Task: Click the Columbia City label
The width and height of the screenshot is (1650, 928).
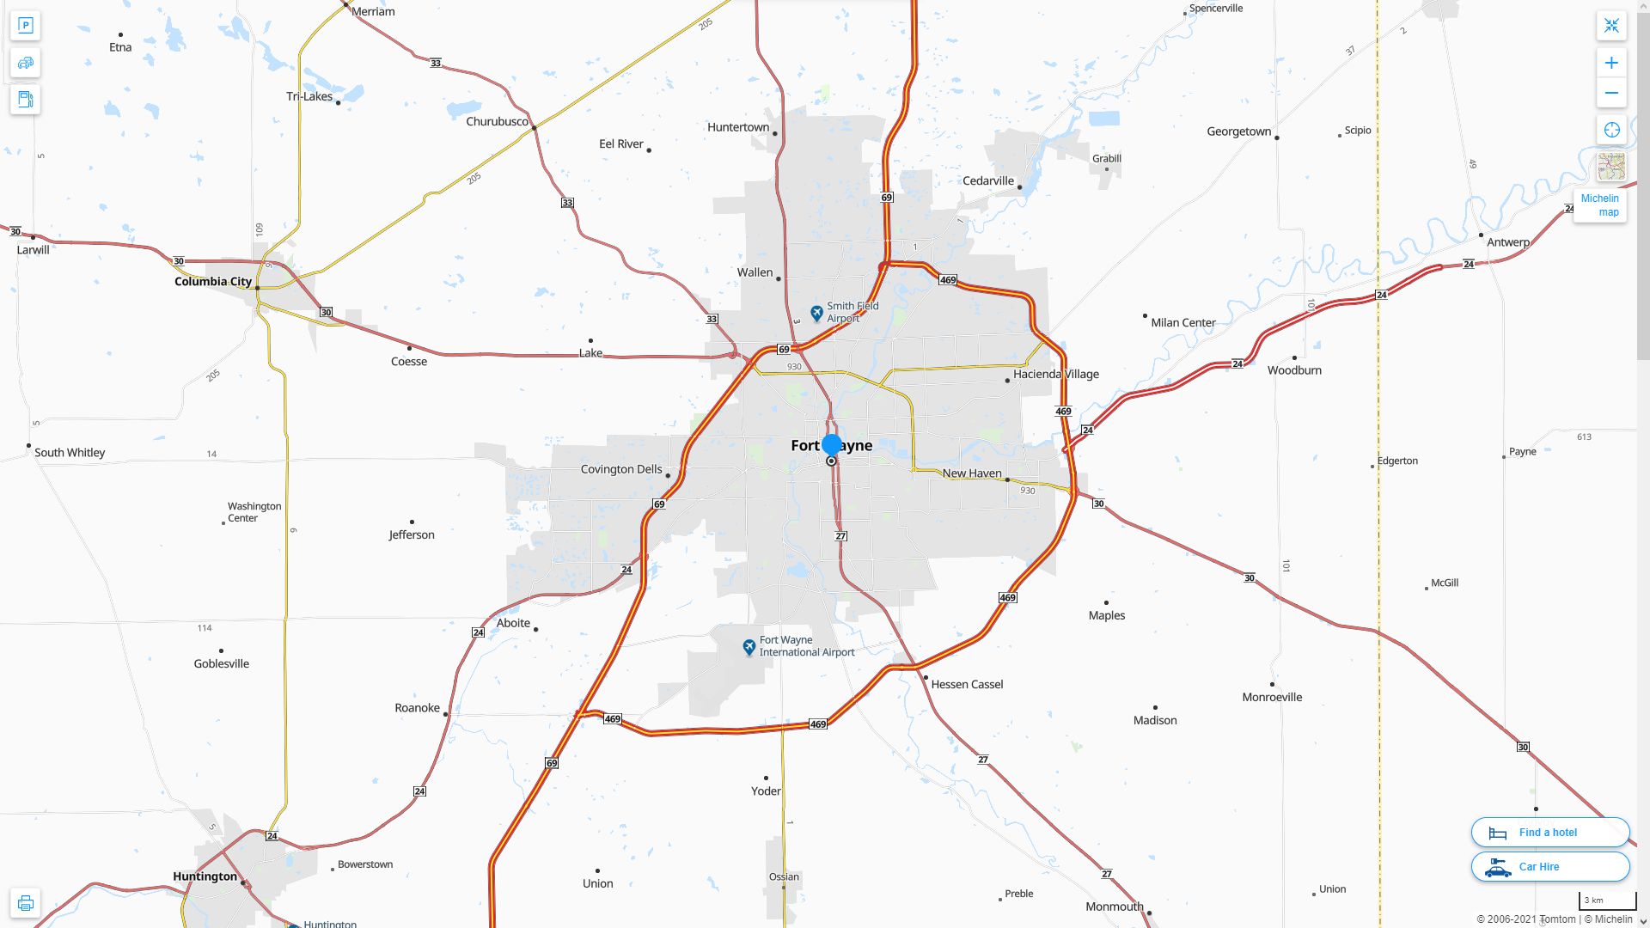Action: pos(213,281)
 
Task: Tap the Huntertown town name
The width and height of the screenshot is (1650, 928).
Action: pos(738,127)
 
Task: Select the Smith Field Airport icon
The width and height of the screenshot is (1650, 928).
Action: pos(817,313)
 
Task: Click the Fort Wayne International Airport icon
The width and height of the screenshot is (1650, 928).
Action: pos(749,646)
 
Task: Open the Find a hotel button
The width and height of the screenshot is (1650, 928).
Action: pos(1549,832)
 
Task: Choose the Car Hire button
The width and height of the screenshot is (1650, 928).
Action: pos(1549,866)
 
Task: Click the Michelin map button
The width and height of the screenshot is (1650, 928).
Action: pos(1599,205)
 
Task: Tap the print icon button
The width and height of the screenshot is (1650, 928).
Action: pos(26,903)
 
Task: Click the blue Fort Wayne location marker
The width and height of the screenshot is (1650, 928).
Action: pos(831,444)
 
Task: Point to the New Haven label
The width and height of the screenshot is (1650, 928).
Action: pos(972,473)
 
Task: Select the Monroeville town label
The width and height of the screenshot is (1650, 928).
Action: pos(1272,697)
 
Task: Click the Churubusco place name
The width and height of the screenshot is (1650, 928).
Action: pos(497,121)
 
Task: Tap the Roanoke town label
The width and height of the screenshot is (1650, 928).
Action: pos(417,708)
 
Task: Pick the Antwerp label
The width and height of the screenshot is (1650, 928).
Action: pos(1508,242)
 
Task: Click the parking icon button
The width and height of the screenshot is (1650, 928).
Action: pos(26,26)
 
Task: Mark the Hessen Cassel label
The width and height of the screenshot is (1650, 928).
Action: pos(967,685)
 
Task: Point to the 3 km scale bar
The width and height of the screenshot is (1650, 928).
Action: pos(1606,901)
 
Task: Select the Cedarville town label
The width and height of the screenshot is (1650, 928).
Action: pos(988,181)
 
